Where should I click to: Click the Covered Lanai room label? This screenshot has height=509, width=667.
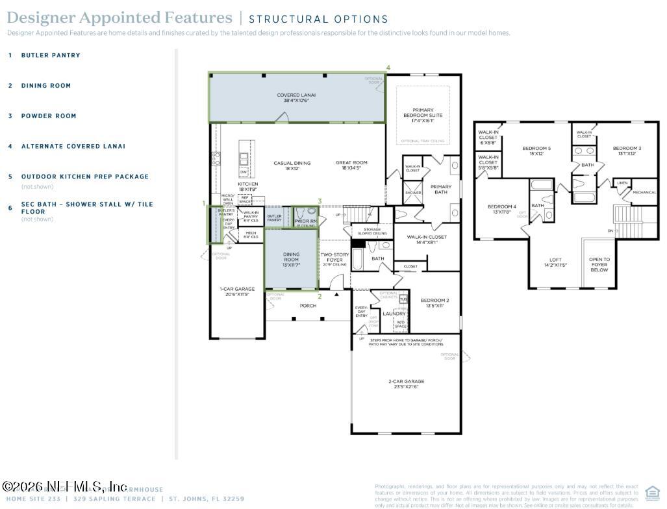pos(296,98)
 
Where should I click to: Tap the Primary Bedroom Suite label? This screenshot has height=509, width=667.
pos(422,115)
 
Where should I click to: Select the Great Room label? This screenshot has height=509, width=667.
pos(351,166)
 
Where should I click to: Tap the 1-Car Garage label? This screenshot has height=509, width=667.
pos(237,292)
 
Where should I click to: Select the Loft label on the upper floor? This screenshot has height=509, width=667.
pos(555,262)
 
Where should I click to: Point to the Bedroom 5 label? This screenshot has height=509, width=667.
pos(536,151)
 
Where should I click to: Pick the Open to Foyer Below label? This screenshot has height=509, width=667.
pos(599,264)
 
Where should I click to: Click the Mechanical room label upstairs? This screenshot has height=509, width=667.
pos(644,192)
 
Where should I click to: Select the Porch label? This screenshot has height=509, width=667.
pos(308,306)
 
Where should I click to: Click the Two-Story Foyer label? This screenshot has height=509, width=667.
pos(334,258)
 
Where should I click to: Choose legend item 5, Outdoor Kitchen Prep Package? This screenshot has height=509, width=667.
pos(84,177)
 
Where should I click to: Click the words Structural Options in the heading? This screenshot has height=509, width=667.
pos(318,19)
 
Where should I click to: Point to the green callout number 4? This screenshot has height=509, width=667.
pos(388,68)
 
